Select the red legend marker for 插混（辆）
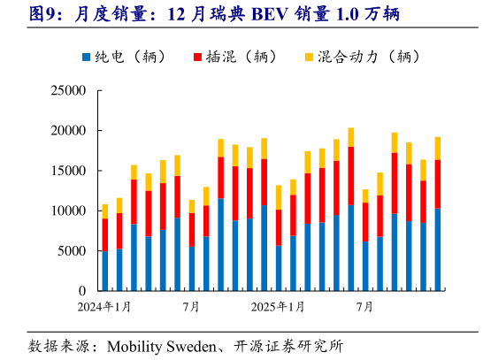(x=198, y=57)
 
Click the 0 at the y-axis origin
(x=81, y=291)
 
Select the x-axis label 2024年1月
(x=105, y=307)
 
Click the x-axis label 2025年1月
(x=278, y=307)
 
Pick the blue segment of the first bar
(x=105, y=271)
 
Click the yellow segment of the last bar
(x=437, y=148)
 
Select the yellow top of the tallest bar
(x=351, y=137)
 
